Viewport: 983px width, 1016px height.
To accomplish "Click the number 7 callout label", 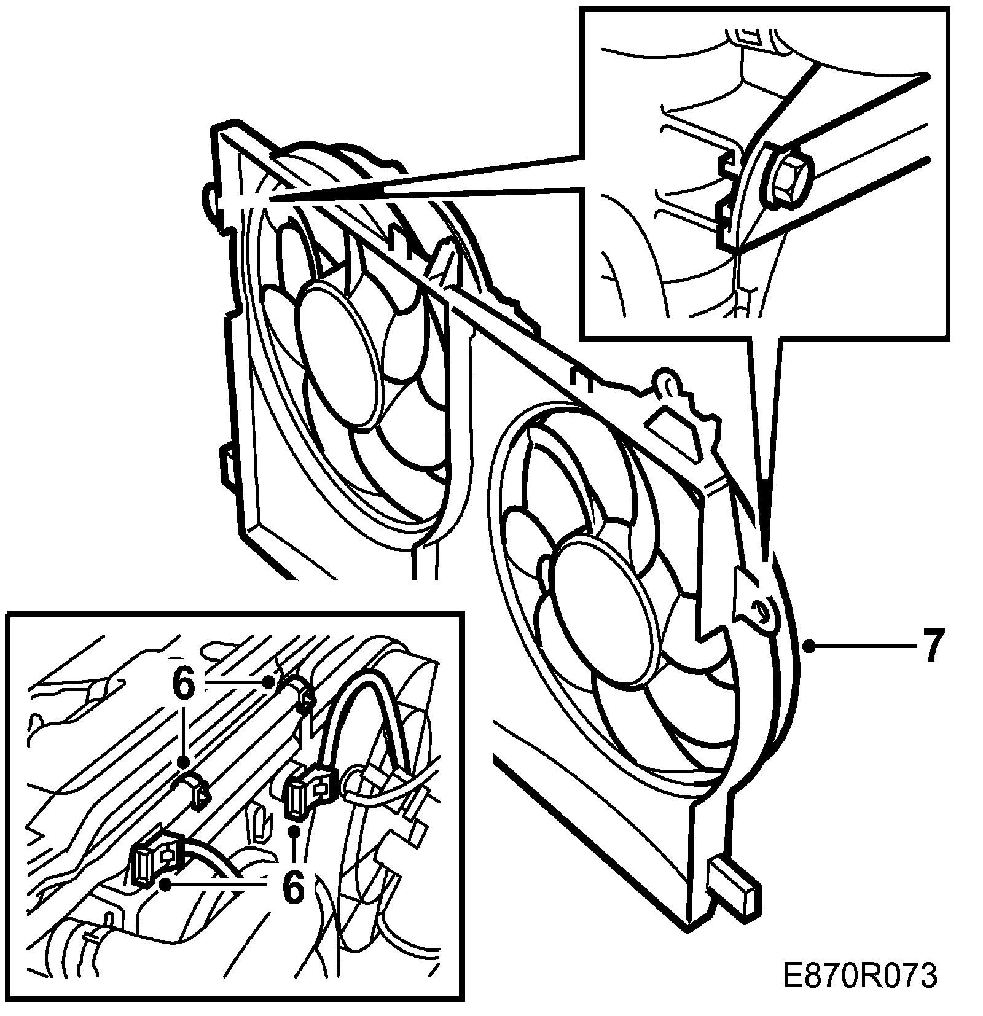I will tap(931, 646).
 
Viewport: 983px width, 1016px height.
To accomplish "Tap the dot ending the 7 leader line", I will tap(811, 646).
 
